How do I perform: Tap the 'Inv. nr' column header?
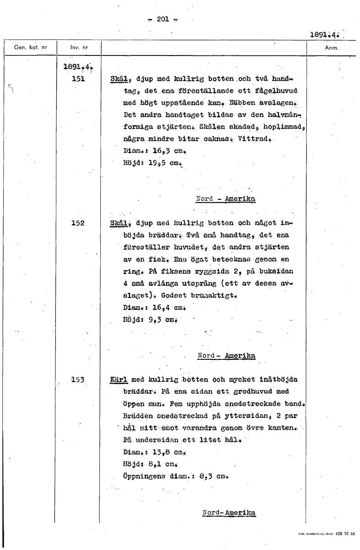79,48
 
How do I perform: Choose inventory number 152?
79,223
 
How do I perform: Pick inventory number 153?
79,379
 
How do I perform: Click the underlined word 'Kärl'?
119,380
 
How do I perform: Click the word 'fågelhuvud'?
275,90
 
